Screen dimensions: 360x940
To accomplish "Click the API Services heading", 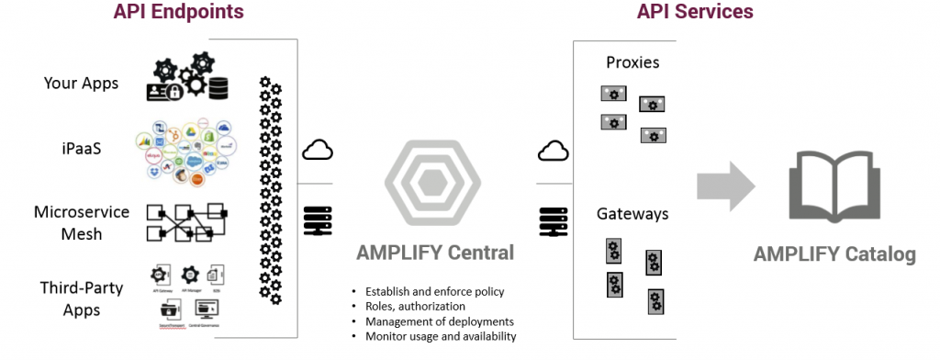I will click(x=694, y=13).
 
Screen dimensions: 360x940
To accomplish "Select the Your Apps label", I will click(x=82, y=84).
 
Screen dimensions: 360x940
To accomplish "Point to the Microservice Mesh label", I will click(x=82, y=223).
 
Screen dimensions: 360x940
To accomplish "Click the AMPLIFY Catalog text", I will click(x=834, y=254).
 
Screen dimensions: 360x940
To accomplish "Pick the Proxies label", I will click(x=632, y=63).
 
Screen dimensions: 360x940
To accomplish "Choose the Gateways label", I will click(x=632, y=214).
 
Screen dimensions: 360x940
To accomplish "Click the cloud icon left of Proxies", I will click(x=554, y=150).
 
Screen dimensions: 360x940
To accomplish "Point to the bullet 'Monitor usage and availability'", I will click(x=441, y=336).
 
